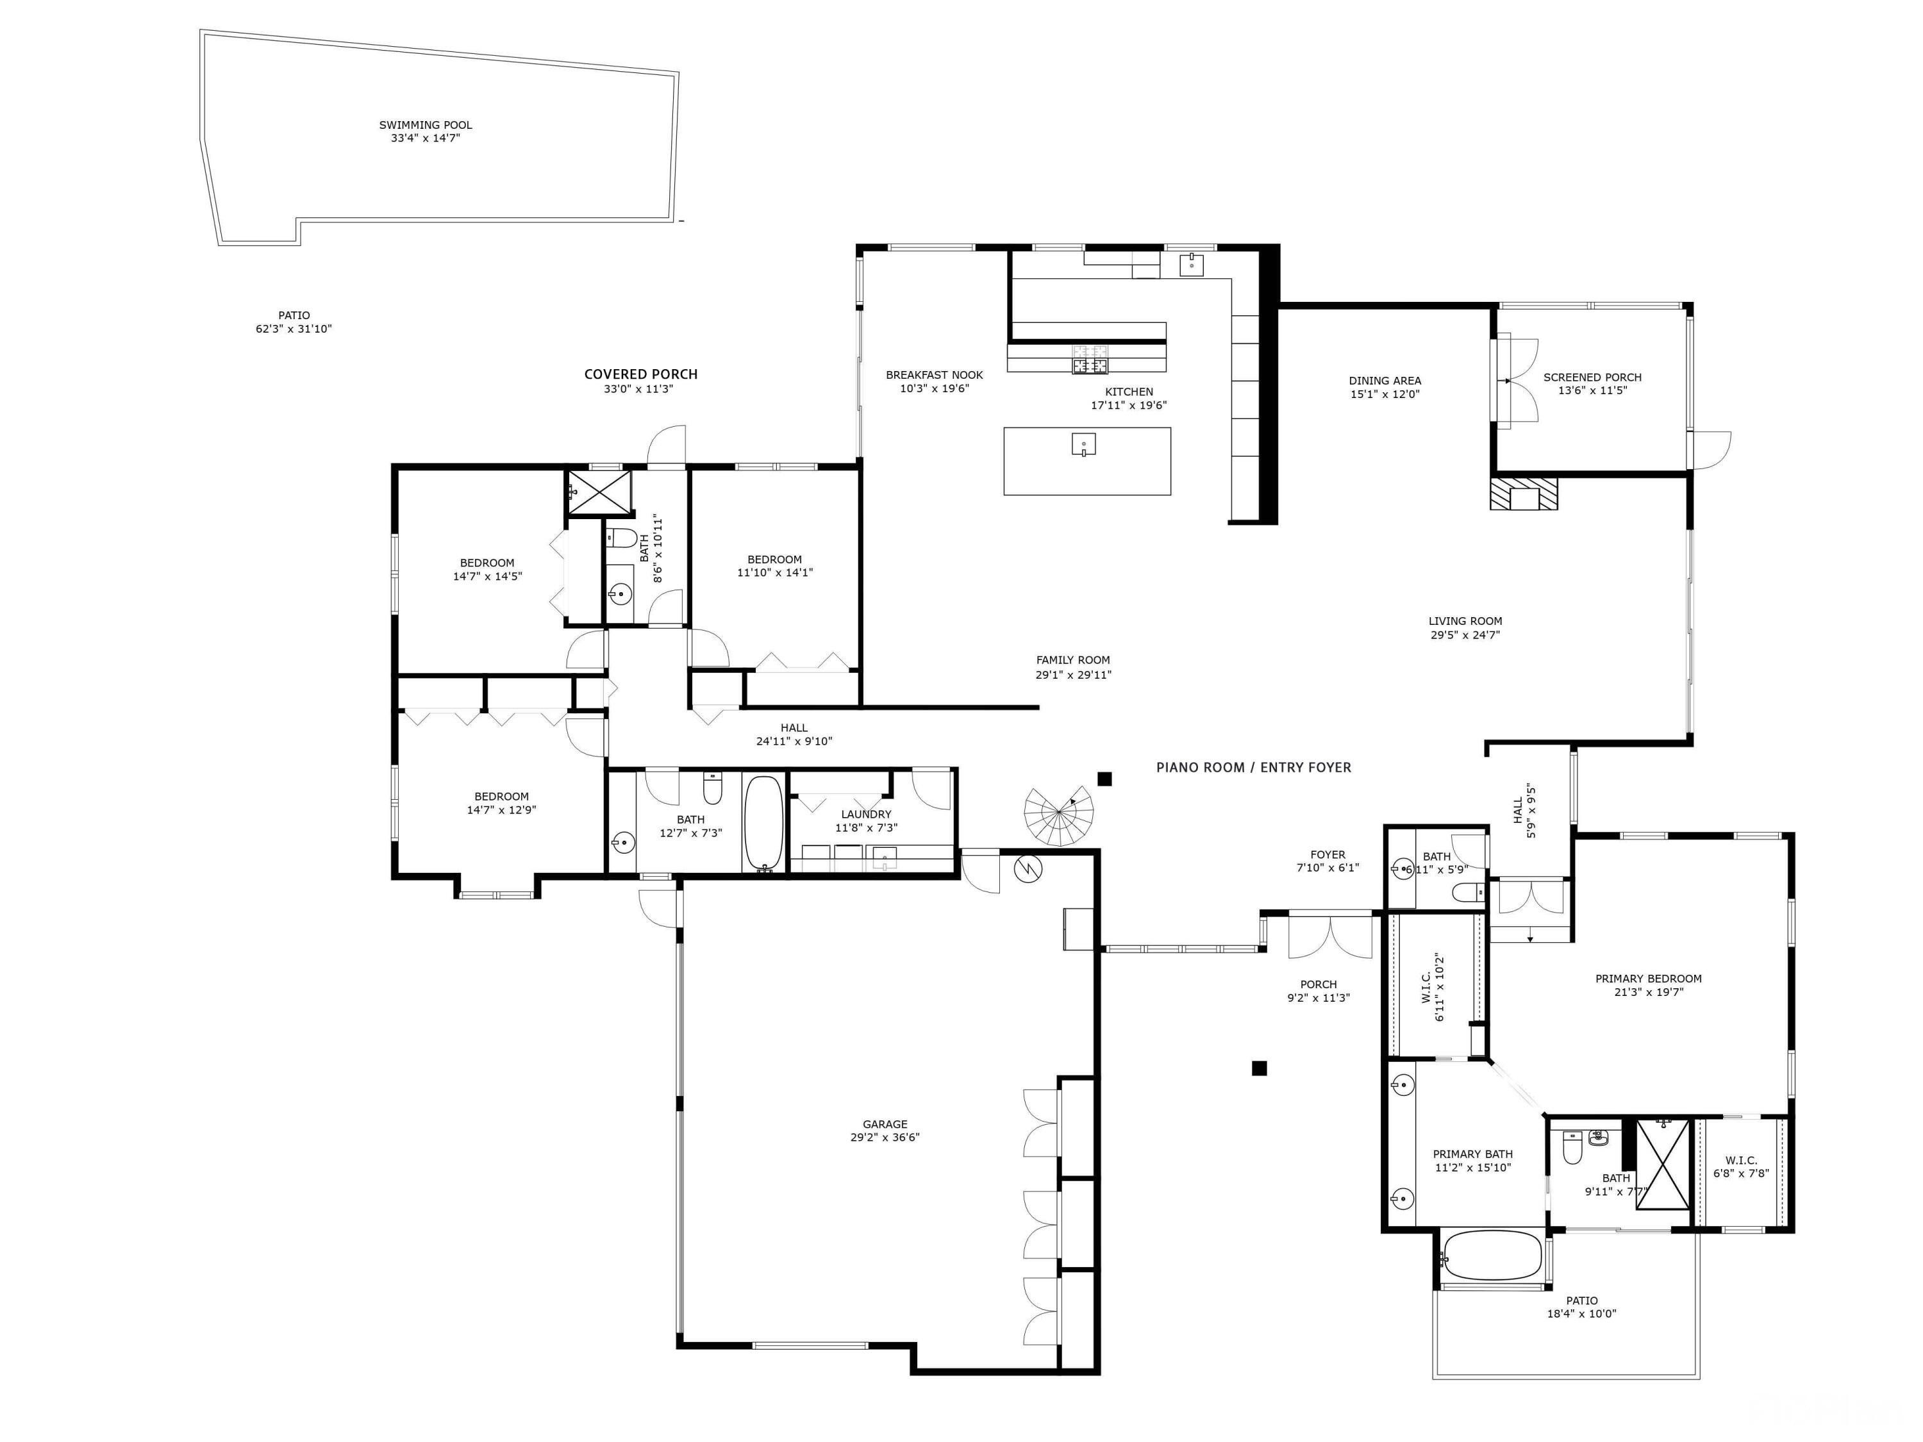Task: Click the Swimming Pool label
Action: coord(425,125)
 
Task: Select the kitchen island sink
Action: coord(1083,444)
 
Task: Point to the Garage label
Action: coord(885,1124)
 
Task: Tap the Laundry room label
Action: coord(866,815)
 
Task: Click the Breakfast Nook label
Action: coord(935,376)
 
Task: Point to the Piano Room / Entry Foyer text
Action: coord(1254,768)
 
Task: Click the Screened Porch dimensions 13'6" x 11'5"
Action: coord(1593,391)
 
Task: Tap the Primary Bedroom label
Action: coord(1648,979)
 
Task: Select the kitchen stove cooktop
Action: coord(1090,358)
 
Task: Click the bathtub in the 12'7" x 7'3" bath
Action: coord(764,822)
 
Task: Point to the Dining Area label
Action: coord(1385,381)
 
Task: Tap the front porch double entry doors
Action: coord(1329,936)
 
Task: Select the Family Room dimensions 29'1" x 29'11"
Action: coord(1073,674)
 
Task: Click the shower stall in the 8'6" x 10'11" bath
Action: coord(599,493)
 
